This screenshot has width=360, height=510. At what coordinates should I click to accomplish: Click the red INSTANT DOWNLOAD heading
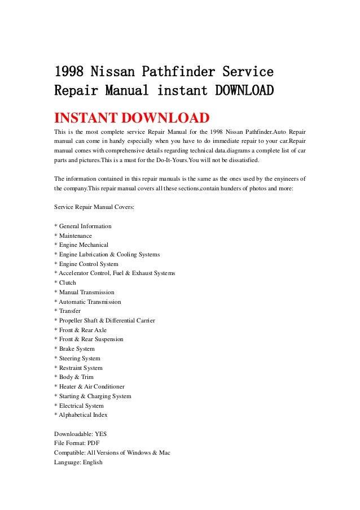click(131, 119)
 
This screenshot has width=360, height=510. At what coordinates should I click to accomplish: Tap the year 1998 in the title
click(72, 72)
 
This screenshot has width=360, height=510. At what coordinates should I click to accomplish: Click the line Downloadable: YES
click(80, 434)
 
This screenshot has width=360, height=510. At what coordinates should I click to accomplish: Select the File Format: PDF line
click(77, 443)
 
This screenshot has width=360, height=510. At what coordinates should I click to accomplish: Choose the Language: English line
click(78, 462)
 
